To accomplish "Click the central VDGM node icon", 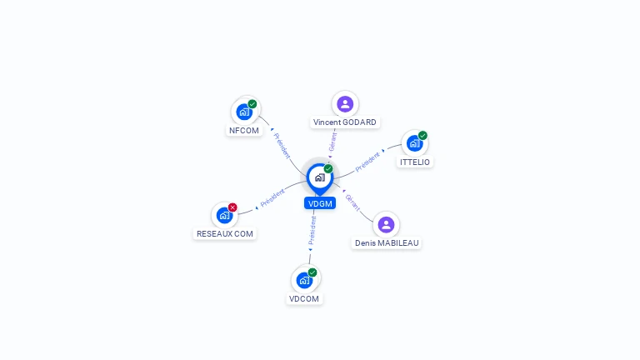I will tap(319, 177).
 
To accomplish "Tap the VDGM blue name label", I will tap(320, 203).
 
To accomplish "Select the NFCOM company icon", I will tap(244, 112).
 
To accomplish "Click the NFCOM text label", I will tap(244, 131).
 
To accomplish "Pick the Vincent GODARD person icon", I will tap(345, 104).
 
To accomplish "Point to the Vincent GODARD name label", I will tap(345, 122).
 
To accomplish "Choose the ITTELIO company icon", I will tap(414, 143).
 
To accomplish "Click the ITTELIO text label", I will tap(415, 162).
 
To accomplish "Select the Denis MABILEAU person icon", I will tap(386, 225).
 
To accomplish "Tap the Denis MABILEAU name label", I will tap(387, 243).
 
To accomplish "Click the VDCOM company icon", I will tap(304, 280).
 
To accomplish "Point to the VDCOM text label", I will tap(304, 299).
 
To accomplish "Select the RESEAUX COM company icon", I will tap(224, 215).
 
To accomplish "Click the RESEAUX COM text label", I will tap(225, 234).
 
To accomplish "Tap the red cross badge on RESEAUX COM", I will tap(232, 207).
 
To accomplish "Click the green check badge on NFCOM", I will tap(252, 104).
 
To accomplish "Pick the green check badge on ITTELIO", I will tap(422, 136).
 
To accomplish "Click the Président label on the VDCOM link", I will tap(312, 231).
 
